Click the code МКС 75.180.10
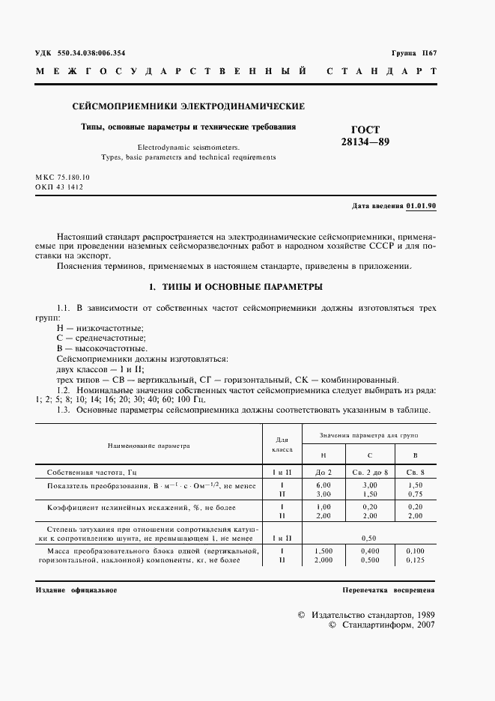62,177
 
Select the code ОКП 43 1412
59,187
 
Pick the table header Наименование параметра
148,446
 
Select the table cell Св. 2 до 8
368,473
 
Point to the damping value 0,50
368,538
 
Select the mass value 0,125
415,559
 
